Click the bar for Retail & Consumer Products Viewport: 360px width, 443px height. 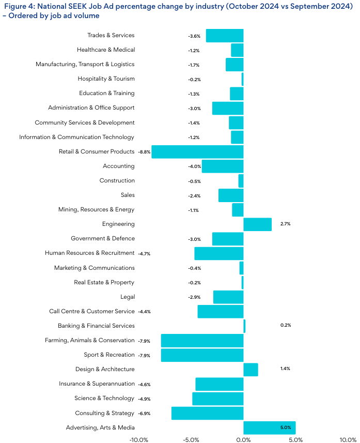pos(197,152)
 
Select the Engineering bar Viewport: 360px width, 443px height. pos(257,224)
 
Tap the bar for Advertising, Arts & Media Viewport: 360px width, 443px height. pos(269,427)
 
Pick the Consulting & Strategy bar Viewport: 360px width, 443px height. pos(207,413)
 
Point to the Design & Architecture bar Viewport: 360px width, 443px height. pos(251,370)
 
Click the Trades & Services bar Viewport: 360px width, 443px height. pos(224,36)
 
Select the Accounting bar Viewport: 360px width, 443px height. pos(222,166)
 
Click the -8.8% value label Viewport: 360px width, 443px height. pos(144,152)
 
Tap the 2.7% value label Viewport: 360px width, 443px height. pos(285,224)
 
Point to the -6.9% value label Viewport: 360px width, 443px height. pos(144,414)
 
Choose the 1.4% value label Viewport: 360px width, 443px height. pos(285,370)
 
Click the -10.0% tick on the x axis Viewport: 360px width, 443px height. pos(139,440)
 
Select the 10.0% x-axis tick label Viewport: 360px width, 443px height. pos(348,440)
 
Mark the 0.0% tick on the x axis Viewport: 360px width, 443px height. pos(243,440)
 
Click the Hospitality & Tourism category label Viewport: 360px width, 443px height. pos(106,79)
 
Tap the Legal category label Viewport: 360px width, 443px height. pos(127,297)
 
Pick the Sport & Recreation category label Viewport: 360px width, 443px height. pos(109,355)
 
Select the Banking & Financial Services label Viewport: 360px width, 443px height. pos(96,326)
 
